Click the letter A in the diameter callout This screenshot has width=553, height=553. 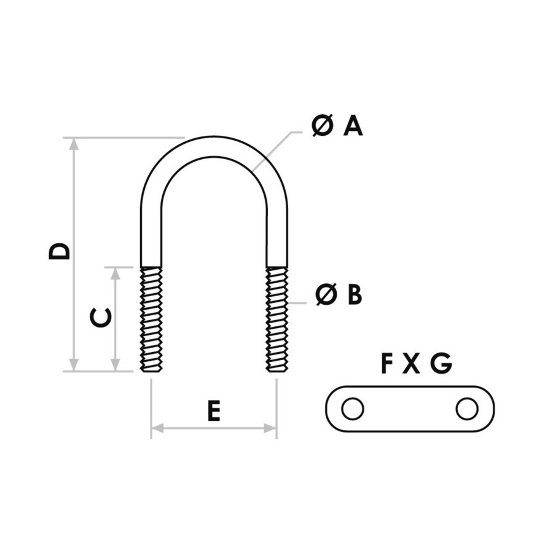(x=353, y=126)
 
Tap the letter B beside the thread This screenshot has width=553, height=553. (x=355, y=294)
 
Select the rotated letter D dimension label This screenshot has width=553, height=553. (x=60, y=251)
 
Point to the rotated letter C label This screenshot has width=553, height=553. (x=101, y=317)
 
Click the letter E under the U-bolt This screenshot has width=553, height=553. (x=214, y=411)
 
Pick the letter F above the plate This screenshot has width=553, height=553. (x=388, y=363)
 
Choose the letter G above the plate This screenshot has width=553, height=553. (x=441, y=363)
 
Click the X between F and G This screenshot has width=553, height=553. (x=411, y=364)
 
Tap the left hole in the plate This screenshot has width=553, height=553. (x=353, y=409)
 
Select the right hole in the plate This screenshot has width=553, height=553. (x=467, y=409)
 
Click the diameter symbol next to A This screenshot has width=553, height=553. (x=323, y=126)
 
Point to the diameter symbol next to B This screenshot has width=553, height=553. (x=326, y=294)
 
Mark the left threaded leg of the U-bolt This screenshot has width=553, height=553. (x=151, y=319)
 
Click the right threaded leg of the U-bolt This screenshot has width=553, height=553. (x=277, y=319)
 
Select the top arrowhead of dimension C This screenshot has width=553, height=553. (x=116, y=274)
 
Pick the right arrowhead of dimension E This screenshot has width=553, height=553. (x=270, y=428)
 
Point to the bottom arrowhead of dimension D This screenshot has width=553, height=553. (x=74, y=364)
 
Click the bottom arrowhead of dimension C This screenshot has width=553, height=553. (x=116, y=364)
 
